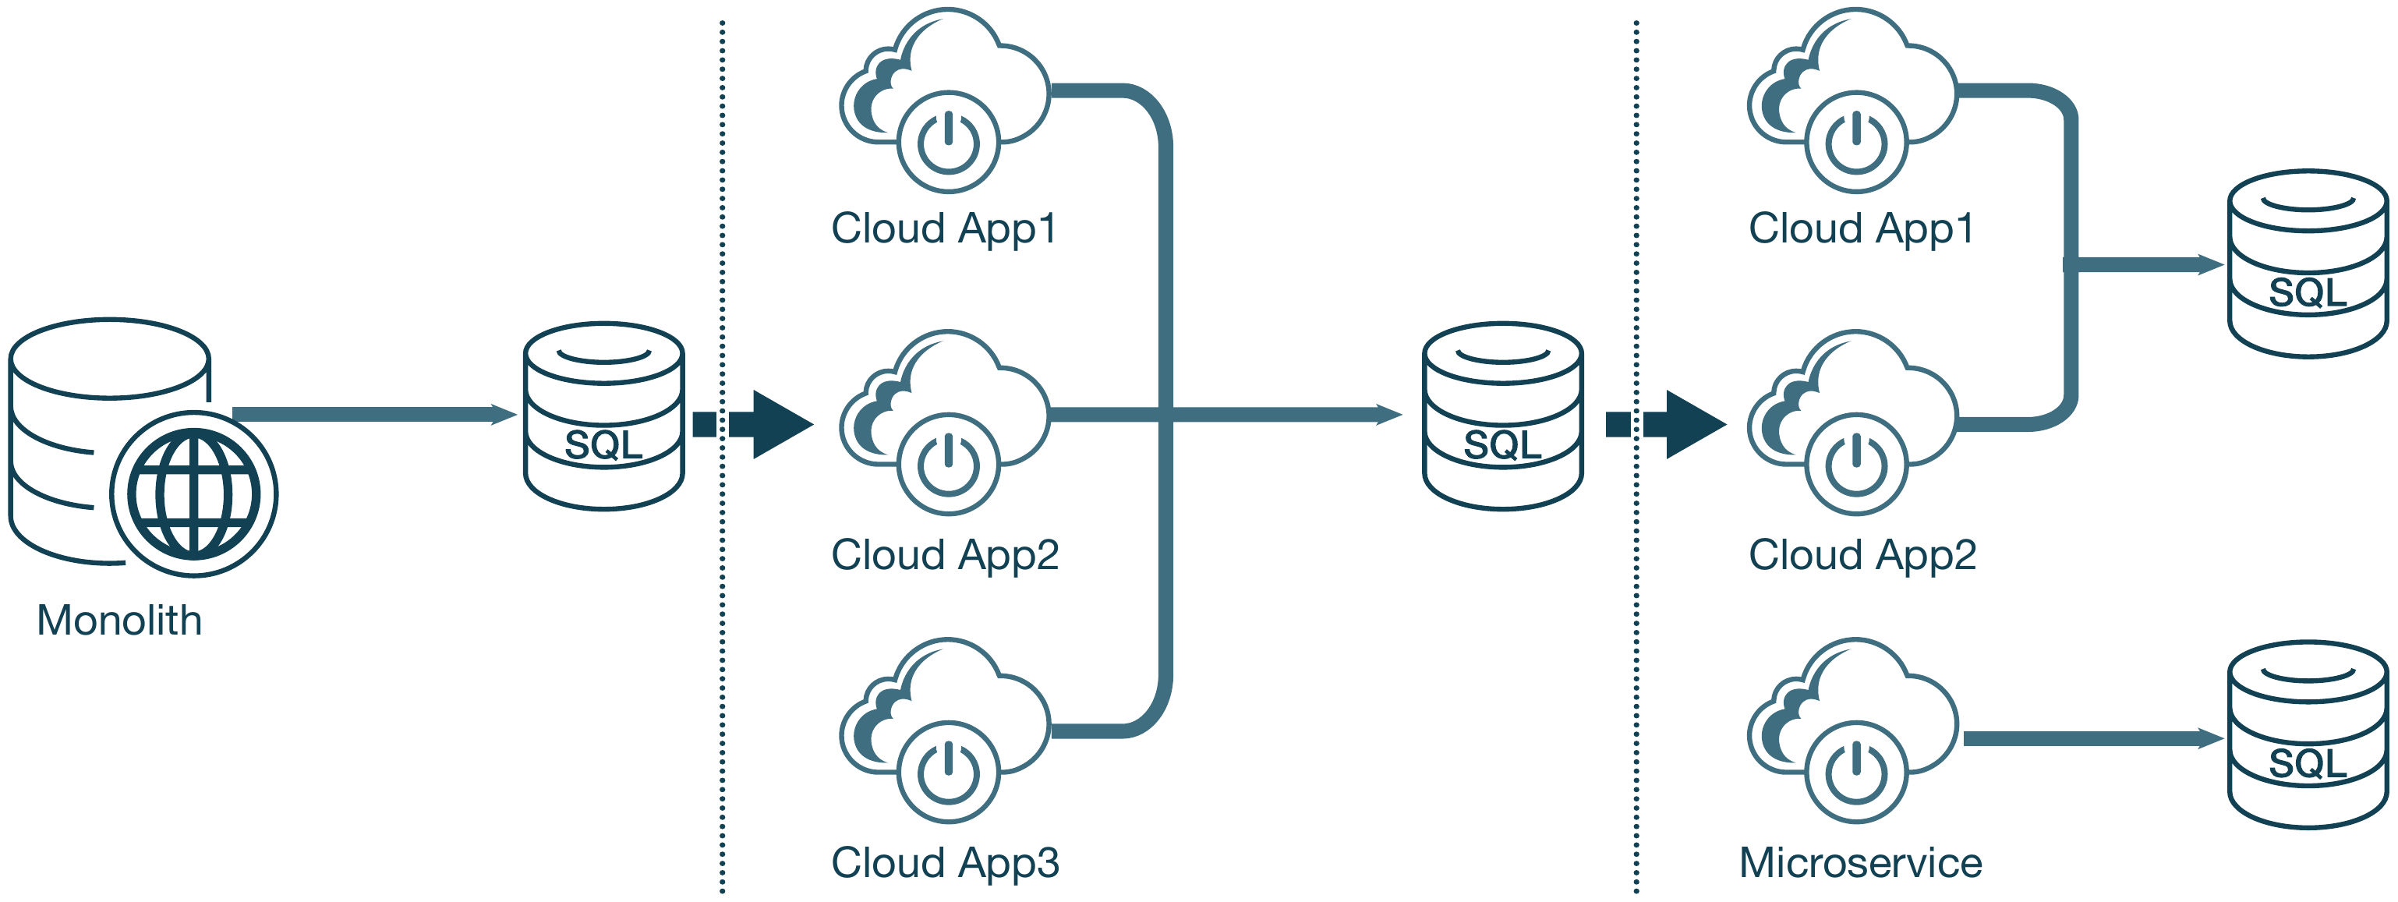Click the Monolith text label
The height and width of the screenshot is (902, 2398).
pos(119,620)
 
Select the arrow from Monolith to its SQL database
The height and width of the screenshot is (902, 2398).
pos(373,414)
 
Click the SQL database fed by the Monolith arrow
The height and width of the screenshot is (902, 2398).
pos(604,416)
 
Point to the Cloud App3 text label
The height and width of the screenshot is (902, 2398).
pos(945,863)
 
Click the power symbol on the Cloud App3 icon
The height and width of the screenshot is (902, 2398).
pos(949,772)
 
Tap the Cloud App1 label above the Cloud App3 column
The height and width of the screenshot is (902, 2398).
pos(945,228)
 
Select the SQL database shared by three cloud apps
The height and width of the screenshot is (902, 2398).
pos(1502,416)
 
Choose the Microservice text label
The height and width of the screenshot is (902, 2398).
pos(1860,863)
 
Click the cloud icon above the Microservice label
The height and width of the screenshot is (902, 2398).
pos(1852,730)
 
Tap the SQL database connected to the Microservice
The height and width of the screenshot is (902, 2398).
pos(2308,734)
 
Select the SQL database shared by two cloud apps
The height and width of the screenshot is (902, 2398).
pos(2308,264)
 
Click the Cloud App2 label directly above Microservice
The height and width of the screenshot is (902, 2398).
pos(1862,555)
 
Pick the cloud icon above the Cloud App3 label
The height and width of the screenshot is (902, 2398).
pos(945,730)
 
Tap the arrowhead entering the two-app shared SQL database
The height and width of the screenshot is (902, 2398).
pos(2208,264)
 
